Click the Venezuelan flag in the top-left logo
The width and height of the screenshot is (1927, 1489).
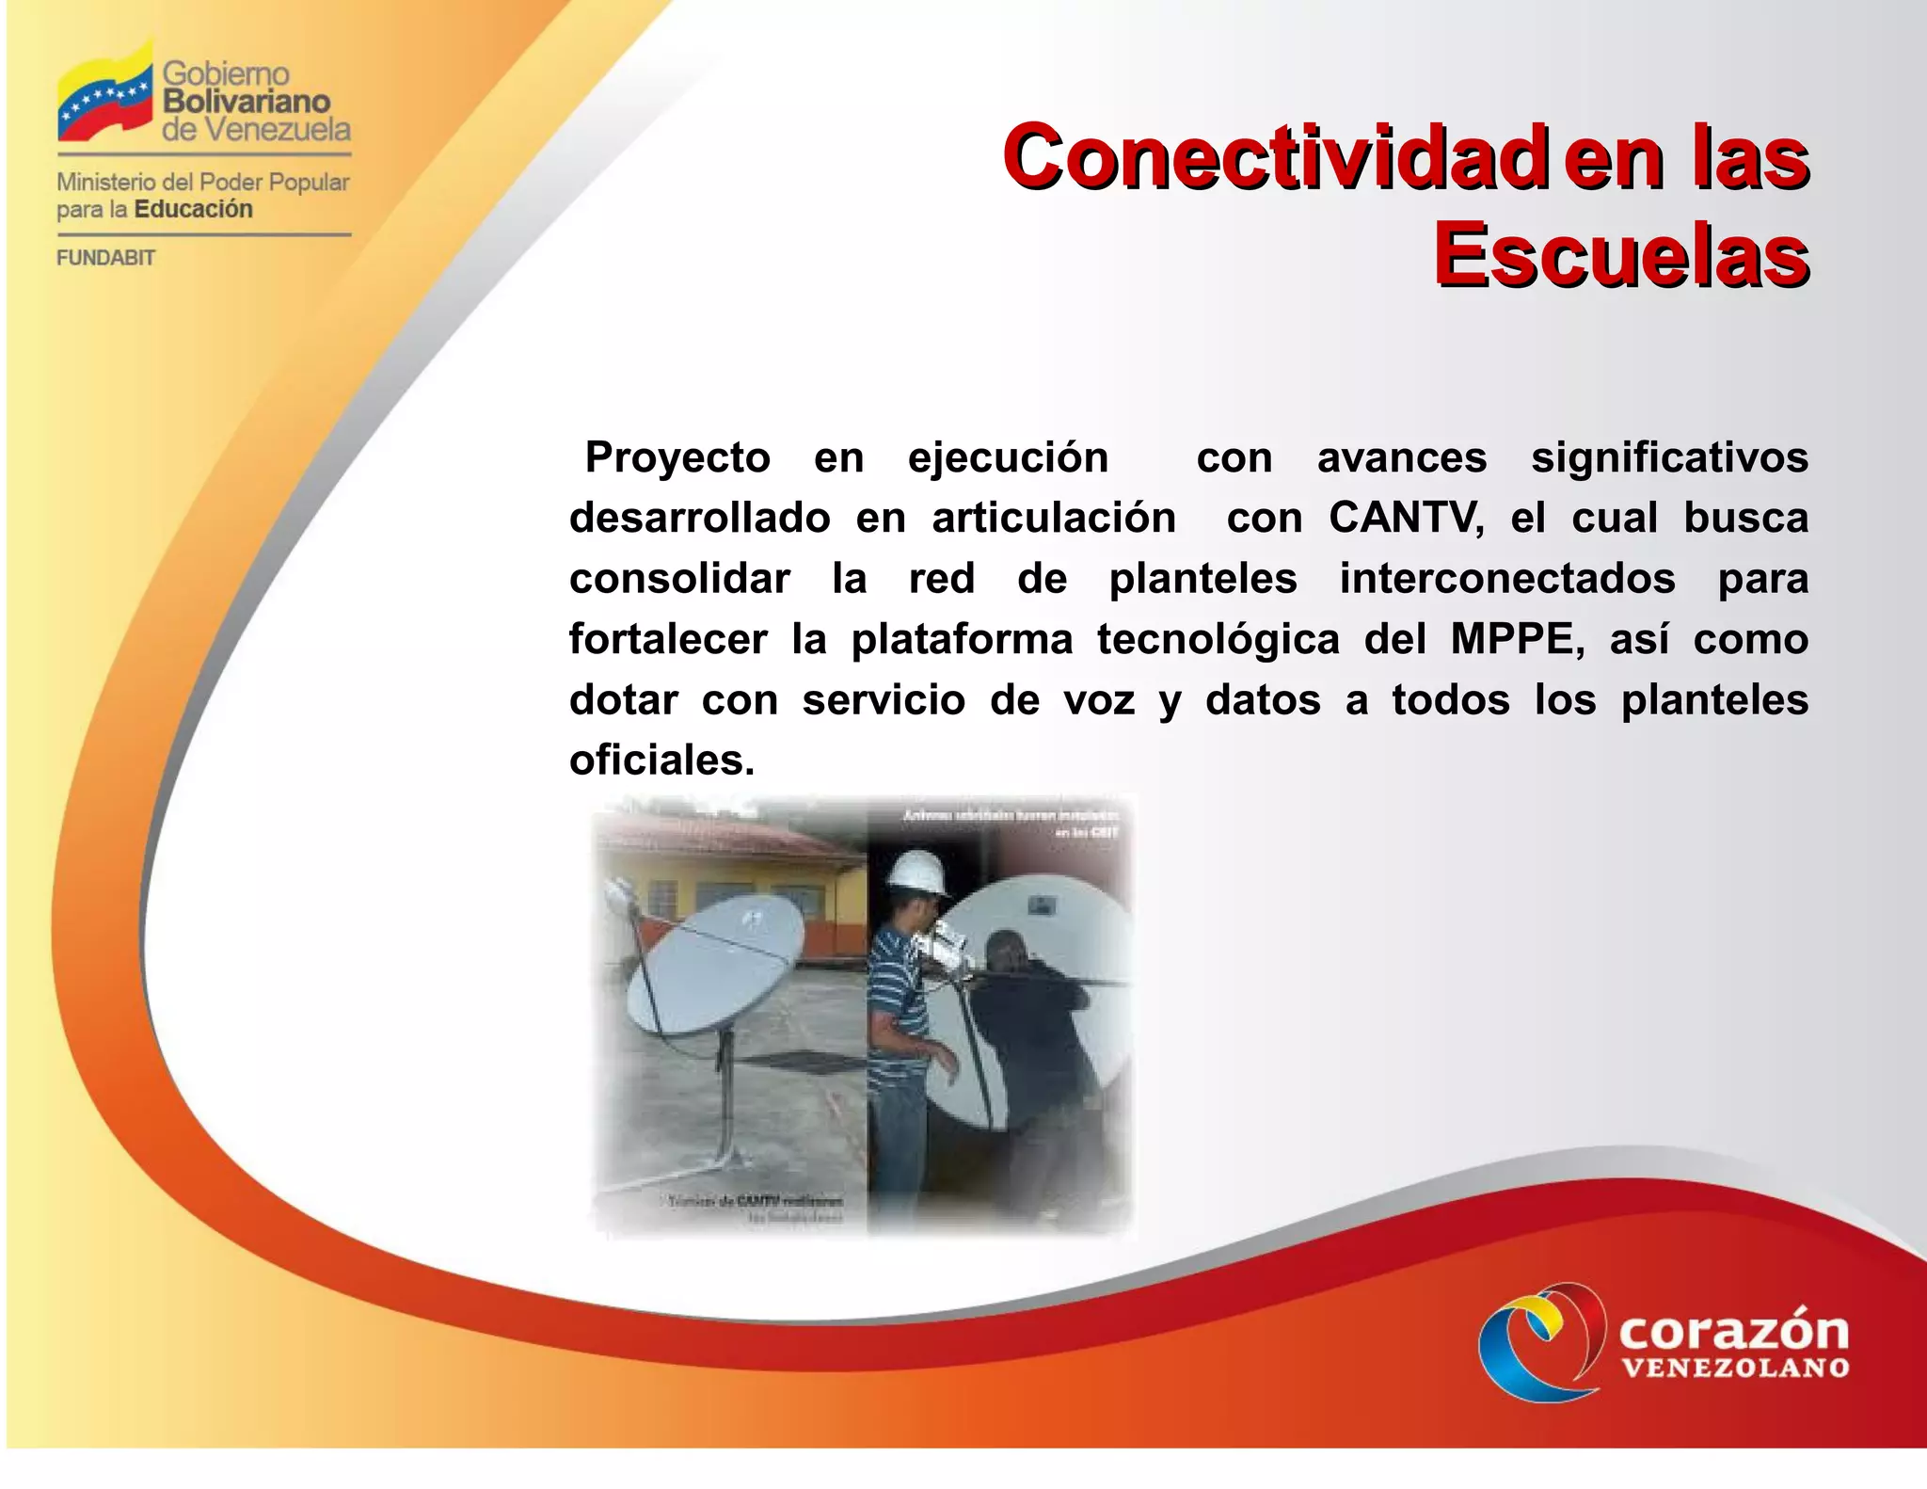click(x=104, y=94)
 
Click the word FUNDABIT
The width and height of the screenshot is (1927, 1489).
click(x=105, y=258)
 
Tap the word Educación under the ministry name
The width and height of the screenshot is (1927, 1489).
click(x=194, y=209)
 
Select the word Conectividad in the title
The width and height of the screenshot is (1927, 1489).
click(x=1276, y=157)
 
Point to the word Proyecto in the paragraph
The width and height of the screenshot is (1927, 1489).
click(x=677, y=458)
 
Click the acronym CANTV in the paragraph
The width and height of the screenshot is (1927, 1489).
click(x=1406, y=519)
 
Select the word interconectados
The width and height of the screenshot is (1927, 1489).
click(x=1506, y=579)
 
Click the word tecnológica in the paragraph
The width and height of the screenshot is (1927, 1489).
click(x=1218, y=640)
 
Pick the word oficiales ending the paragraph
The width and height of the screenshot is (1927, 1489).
click(x=661, y=761)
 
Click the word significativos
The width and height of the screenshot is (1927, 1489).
click(x=1668, y=458)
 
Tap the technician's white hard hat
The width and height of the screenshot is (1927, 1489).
click(x=918, y=872)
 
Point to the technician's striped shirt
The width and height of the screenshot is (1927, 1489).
click(x=899, y=998)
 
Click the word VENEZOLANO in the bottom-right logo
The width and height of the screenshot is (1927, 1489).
click(x=1735, y=1368)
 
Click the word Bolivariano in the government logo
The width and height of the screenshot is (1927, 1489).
click(x=247, y=102)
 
